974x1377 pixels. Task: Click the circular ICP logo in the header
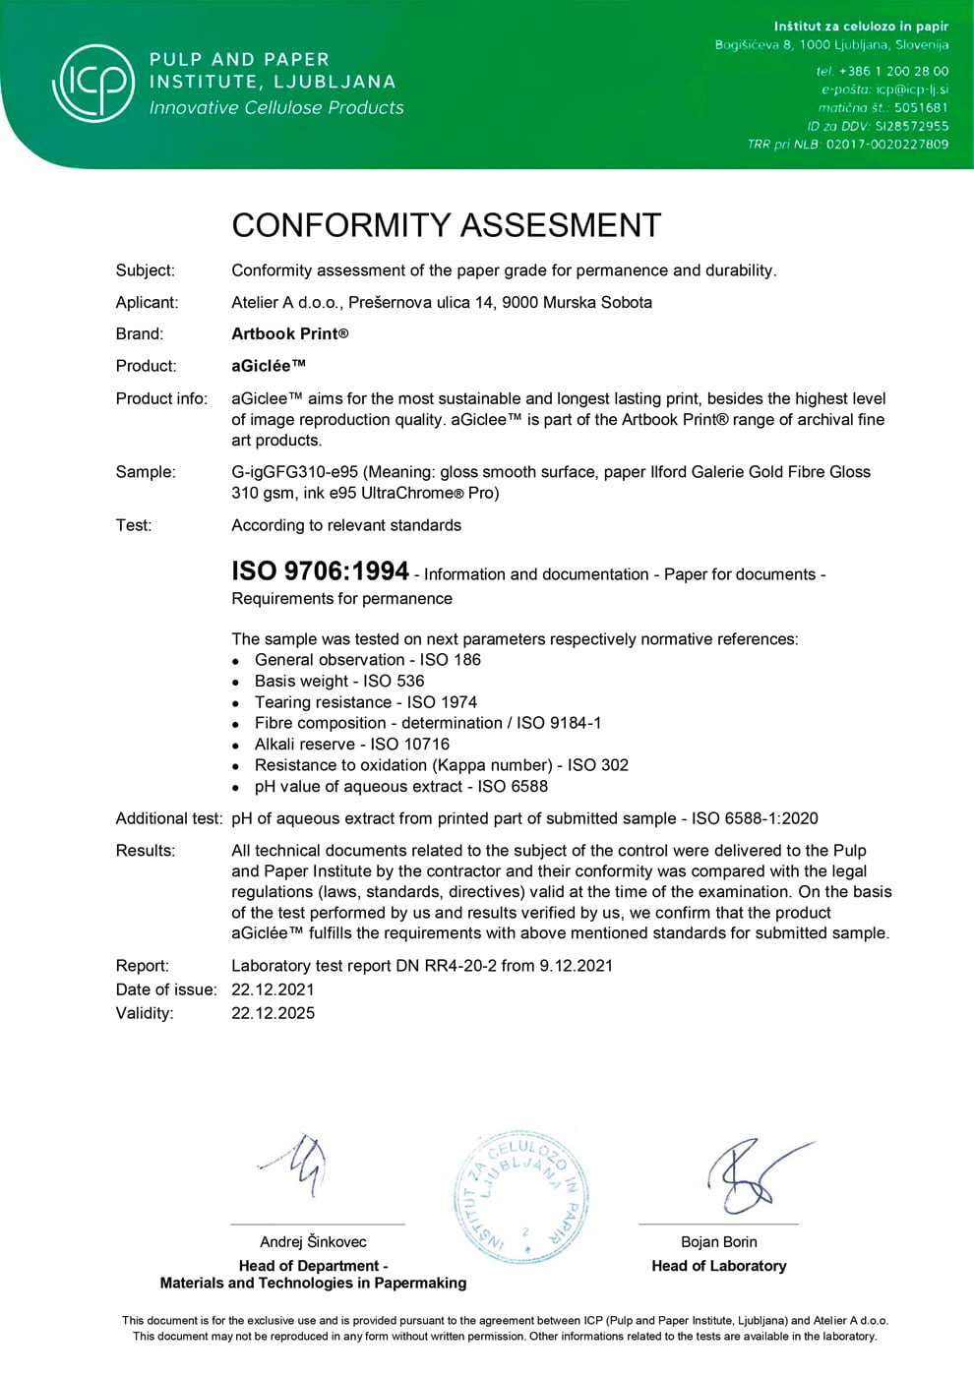(93, 83)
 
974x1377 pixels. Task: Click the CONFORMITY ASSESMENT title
(446, 225)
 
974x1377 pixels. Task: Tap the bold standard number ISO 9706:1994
(320, 570)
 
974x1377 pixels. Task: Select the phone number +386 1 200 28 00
(893, 71)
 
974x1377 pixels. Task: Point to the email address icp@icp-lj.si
(912, 90)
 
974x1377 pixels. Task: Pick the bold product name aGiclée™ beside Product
(269, 366)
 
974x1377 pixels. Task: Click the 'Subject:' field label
(146, 270)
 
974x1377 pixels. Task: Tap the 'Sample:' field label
(146, 472)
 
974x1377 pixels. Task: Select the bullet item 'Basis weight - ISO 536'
(339, 681)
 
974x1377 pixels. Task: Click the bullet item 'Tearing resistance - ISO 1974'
(365, 702)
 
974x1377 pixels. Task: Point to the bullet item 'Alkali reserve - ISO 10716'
(351, 744)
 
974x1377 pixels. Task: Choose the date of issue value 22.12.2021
(273, 989)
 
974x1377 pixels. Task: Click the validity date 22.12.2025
(273, 1013)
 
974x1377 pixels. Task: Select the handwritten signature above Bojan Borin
(753, 1175)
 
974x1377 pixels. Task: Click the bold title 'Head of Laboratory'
(718, 1266)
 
